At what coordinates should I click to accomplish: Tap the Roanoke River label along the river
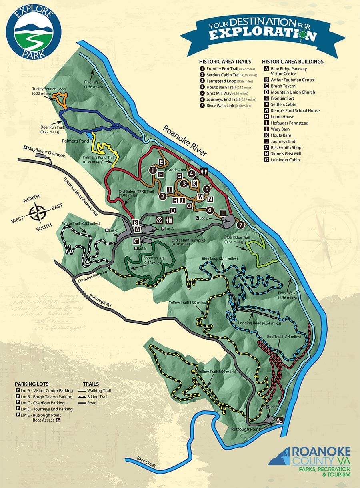pyautogui.click(x=184, y=141)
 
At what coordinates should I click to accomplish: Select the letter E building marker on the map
pyautogui.click(x=161, y=162)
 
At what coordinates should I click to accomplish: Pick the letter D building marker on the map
pyautogui.click(x=173, y=211)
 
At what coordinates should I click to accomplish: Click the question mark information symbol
pyautogui.click(x=159, y=220)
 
